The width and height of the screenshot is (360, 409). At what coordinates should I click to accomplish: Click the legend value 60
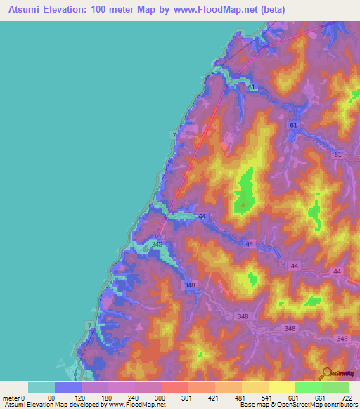(x=54, y=397)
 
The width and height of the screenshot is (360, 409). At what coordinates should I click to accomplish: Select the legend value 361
(x=188, y=397)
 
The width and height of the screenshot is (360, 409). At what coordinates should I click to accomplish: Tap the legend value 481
(x=241, y=397)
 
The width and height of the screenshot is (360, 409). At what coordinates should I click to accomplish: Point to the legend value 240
(x=134, y=397)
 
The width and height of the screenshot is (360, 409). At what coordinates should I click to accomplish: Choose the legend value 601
(x=295, y=397)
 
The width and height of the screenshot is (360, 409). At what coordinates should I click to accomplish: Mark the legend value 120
(x=81, y=397)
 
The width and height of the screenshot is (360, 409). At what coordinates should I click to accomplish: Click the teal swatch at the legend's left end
(x=41, y=387)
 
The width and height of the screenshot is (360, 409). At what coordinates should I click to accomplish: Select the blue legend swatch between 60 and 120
(x=68, y=387)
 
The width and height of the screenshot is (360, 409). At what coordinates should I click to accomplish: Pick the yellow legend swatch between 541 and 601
(x=281, y=387)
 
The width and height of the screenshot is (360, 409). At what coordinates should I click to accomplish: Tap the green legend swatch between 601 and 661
(x=308, y=387)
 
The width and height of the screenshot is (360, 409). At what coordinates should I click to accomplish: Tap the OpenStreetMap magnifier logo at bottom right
(x=326, y=373)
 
